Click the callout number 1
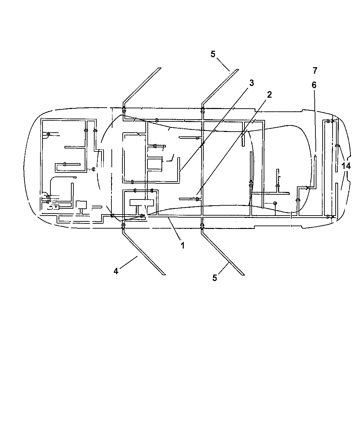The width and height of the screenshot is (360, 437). pos(183,245)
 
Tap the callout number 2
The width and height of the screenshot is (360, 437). pos(269,95)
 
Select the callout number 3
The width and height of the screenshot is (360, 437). pos(252,83)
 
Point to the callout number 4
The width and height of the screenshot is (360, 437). pos(116,271)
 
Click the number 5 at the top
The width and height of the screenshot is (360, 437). pos(213,54)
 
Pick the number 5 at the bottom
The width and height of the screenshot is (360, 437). pos(215,278)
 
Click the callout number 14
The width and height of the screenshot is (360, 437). pos(346,166)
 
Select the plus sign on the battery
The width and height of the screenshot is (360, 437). pos(56,207)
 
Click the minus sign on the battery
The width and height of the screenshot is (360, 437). pos(51,207)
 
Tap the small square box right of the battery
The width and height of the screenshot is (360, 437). pos(81,205)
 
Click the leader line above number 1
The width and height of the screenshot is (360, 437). pos(174,229)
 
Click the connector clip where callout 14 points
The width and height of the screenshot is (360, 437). pos(337,145)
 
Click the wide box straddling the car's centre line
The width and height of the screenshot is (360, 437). pos(142,203)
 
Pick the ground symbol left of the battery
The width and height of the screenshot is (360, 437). pos(48,196)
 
